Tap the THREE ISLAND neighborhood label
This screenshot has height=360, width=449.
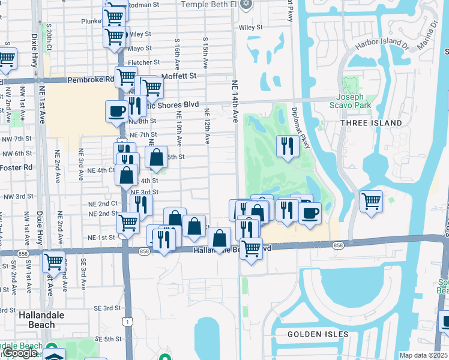[x=371, y=123]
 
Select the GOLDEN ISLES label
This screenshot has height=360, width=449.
[x=318, y=334]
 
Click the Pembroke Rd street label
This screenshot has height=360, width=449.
[x=91, y=79]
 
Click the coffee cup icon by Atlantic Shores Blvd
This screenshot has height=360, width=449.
[x=116, y=111]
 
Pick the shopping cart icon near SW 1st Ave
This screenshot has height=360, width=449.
[x=54, y=262]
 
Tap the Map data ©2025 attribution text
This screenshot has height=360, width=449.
[x=424, y=355]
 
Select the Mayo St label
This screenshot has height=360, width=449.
[x=139, y=48]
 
